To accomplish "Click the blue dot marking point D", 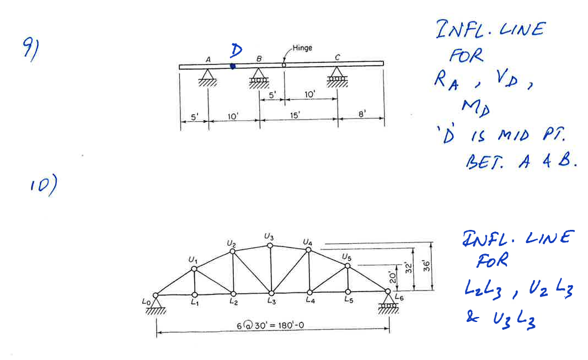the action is coord(233,66).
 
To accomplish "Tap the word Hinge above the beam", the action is coord(302,48).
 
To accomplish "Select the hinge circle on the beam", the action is coord(284,65).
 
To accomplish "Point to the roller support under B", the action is coord(259,78).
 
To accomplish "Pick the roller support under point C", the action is coord(337,77).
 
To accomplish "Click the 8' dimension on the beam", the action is coord(361,114).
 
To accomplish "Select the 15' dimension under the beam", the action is coord(295,115).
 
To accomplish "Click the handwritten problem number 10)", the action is coord(44,185).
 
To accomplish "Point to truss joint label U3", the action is coord(269,237).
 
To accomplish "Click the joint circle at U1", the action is coord(194,268).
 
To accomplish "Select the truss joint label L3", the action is coord(272,301).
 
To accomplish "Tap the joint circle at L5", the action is coord(348,292).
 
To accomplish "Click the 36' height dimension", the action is coord(427,266).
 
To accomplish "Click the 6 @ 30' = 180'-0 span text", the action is coord(270,325).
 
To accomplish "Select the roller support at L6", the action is coord(388,302).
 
